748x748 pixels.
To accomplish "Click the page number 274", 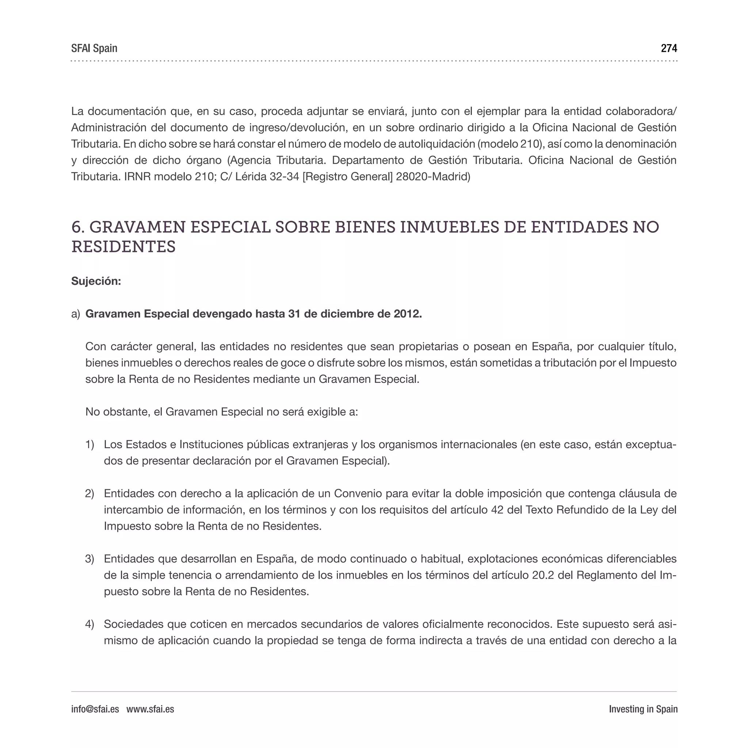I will click(669, 49).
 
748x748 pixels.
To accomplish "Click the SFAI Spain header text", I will click(94, 49).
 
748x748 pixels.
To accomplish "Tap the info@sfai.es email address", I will click(95, 709).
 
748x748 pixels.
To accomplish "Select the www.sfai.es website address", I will click(150, 709).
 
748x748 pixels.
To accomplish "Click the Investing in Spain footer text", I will click(643, 709).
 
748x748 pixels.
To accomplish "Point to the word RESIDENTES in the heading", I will click(123, 247).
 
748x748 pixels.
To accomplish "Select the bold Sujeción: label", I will click(96, 281).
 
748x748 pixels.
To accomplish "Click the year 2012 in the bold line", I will click(407, 314).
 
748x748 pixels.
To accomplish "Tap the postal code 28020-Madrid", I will click(433, 176).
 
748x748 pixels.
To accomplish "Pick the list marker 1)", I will click(89, 444).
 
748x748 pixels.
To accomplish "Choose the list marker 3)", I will click(89, 559).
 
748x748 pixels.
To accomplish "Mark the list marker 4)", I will click(89, 624).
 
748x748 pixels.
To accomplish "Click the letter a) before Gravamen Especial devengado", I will click(76, 314).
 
